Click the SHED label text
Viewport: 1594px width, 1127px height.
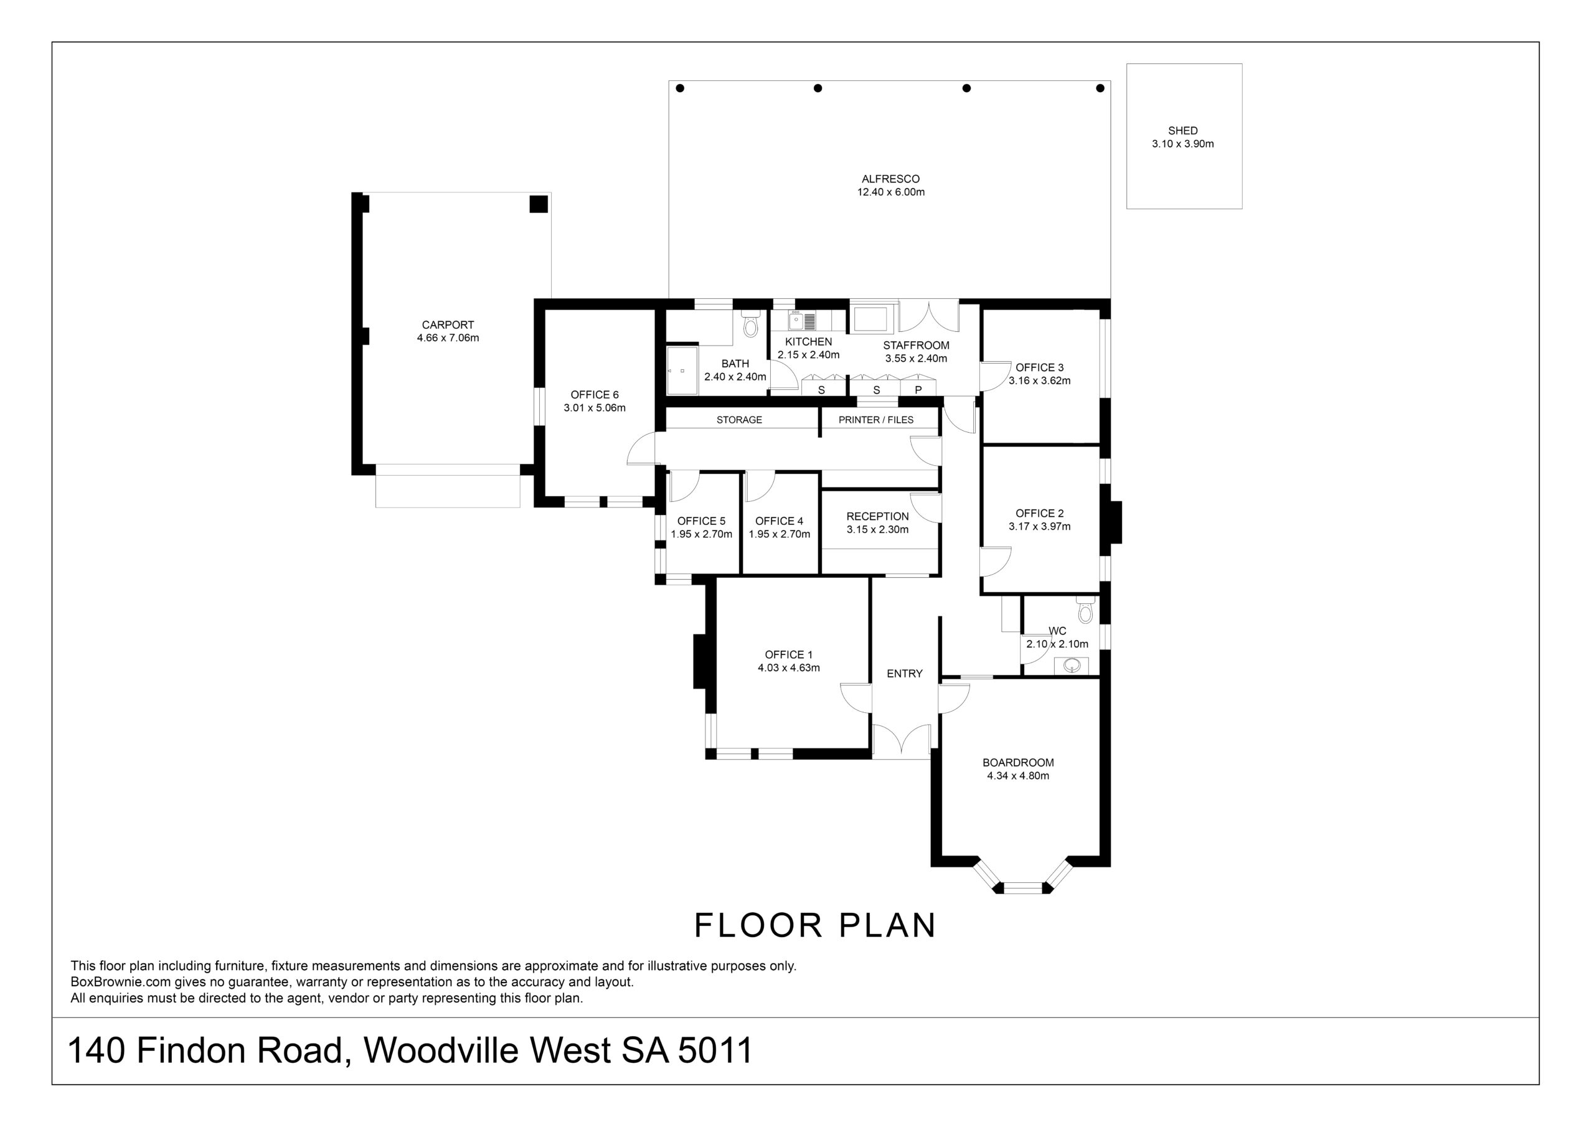pos(1183,131)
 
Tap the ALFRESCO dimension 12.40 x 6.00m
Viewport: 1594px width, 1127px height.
pos(891,192)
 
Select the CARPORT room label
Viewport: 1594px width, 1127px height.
pos(448,325)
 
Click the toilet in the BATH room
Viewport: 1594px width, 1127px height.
pos(750,324)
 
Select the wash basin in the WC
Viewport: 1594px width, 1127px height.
pos(1073,665)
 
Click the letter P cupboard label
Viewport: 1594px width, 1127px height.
pos(918,390)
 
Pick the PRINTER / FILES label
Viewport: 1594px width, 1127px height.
pos(876,420)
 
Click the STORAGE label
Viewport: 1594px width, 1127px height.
pos(739,420)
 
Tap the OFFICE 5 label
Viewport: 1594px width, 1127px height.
pos(701,521)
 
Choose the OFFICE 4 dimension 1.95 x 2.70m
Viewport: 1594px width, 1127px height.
pos(780,535)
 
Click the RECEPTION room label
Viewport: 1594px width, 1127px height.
pos(877,517)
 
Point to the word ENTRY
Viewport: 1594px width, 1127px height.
pos(905,674)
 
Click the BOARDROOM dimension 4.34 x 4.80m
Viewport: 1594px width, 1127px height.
pos(1018,776)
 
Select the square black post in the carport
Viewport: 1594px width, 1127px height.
pos(539,204)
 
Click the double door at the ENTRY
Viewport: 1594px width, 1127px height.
pos(902,739)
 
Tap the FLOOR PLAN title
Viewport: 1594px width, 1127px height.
pos(816,926)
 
